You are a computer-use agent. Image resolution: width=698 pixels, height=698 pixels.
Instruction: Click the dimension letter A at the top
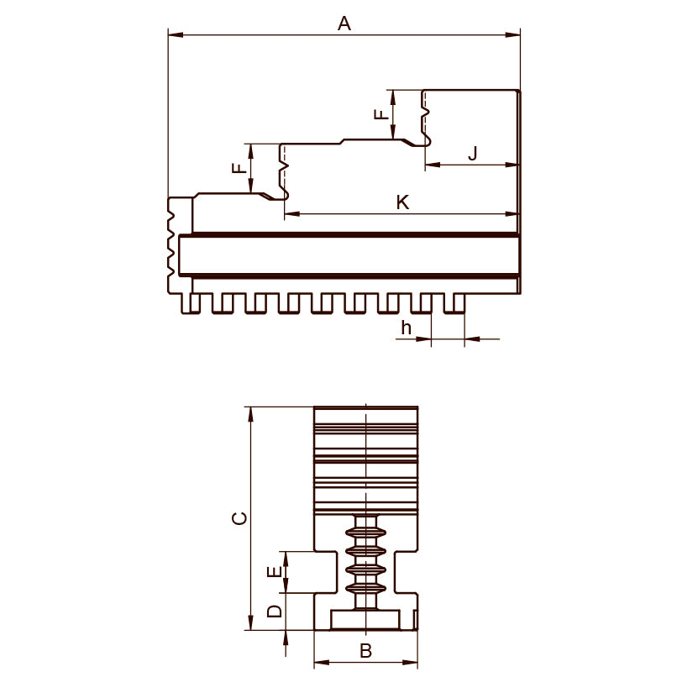344,24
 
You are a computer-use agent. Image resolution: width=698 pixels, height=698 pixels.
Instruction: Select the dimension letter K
402,202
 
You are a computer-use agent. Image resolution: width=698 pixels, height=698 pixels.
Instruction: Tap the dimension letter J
473,153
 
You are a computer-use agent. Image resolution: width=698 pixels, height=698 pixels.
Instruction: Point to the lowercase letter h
406,328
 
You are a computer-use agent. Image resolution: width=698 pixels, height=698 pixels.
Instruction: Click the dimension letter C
240,518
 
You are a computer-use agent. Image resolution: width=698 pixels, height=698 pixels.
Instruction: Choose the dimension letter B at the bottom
365,651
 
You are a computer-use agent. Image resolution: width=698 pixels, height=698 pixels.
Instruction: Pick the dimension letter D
274,611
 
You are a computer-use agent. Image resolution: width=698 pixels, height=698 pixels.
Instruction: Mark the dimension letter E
274,572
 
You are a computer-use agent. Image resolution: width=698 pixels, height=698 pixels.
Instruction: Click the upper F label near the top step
381,114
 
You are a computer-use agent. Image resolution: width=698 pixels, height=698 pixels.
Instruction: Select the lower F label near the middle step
239,168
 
